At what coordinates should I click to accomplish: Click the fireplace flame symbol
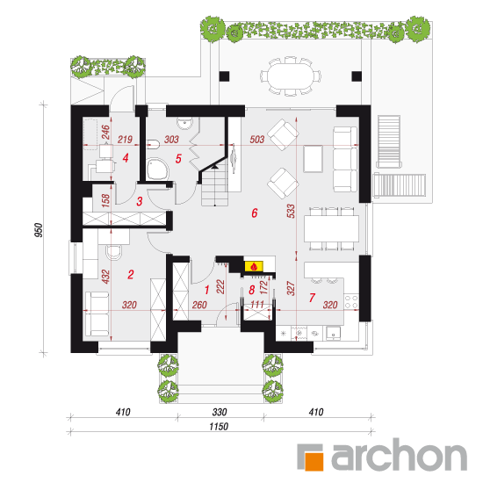coord(254,266)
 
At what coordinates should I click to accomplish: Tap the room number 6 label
coord(255,213)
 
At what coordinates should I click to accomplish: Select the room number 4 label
coord(126,158)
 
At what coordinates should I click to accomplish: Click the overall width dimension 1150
coord(219,427)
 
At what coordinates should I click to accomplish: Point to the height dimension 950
coord(39,230)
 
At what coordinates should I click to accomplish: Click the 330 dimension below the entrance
coord(220,412)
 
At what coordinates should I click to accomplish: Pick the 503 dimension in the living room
coord(257,140)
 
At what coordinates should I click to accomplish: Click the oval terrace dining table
coord(290,76)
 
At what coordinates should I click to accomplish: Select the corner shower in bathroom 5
coord(157,169)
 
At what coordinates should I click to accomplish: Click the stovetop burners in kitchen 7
coord(351,301)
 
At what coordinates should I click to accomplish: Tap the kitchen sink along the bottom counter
coord(334,333)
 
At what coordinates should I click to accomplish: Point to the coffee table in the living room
coord(313,159)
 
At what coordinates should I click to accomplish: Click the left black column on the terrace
coord(224,76)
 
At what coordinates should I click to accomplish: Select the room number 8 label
coord(252,290)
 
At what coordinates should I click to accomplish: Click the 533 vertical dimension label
coord(291,211)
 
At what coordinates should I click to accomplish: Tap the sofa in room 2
coord(96,314)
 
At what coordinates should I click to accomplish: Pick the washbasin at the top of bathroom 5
coord(184,123)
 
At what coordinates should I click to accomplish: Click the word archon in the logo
coord(399,455)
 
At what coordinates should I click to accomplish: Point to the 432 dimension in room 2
coord(105,277)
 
